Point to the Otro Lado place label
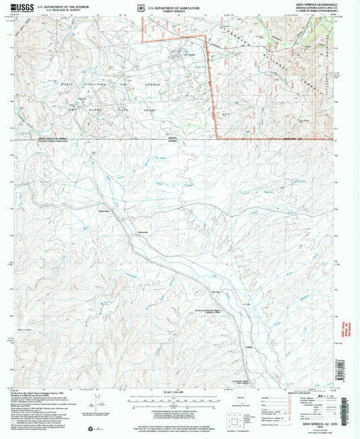217,291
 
